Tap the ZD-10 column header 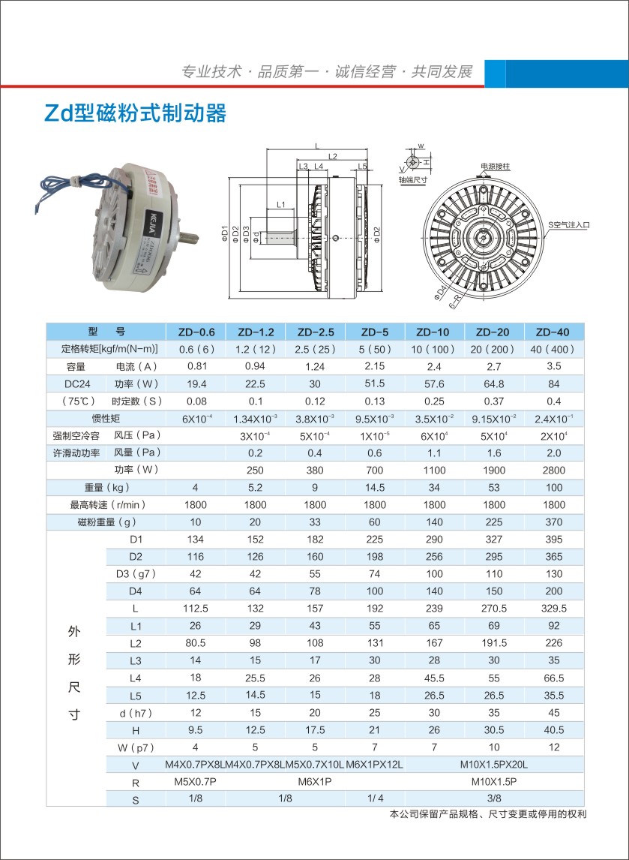pyautogui.click(x=433, y=332)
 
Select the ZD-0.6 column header pyautogui.click(x=195, y=332)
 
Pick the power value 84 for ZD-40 pyautogui.click(x=553, y=383)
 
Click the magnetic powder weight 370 pyautogui.click(x=553, y=522)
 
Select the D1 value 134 pyautogui.click(x=195, y=540)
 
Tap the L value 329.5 pyautogui.click(x=553, y=609)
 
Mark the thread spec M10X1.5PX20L pyautogui.click(x=493, y=765)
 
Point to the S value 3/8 pyautogui.click(x=493, y=799)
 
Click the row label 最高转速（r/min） pyautogui.click(x=106, y=505)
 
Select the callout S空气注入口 pyautogui.click(x=570, y=224)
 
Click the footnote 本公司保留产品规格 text pyautogui.click(x=487, y=814)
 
